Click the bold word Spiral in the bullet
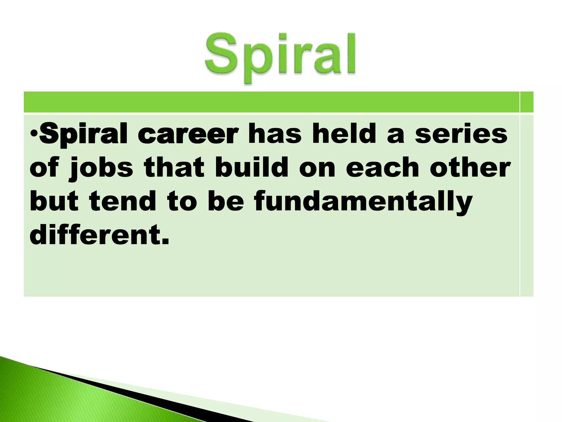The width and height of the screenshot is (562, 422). (85, 135)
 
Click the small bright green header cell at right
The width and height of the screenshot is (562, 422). (527, 102)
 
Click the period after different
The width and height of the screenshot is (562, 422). (164, 242)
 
